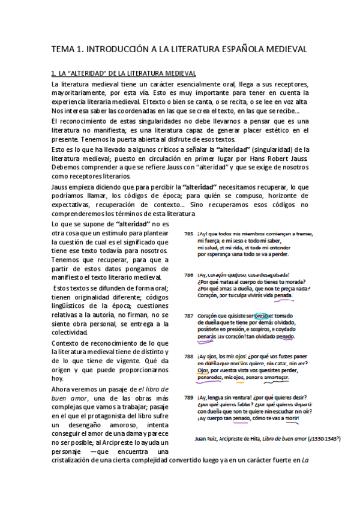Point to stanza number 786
click(188, 274)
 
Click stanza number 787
click(188, 315)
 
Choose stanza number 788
click(188, 356)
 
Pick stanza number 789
click(188, 397)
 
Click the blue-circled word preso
click(262, 315)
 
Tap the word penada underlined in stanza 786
click(283, 295)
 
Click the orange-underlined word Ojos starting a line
click(203, 370)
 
